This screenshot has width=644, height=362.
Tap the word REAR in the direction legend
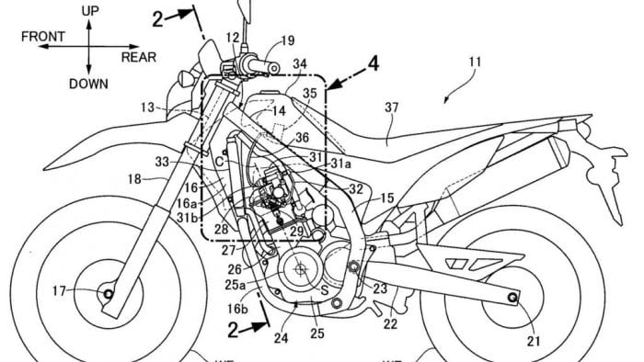coord(139,56)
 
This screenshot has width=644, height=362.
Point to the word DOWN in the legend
coord(88,83)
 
